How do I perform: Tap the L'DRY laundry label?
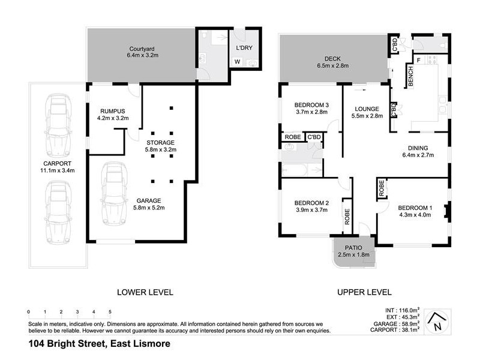point(244,48)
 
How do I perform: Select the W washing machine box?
point(238,61)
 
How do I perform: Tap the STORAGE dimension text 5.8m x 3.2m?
point(160,149)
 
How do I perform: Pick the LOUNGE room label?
point(366,108)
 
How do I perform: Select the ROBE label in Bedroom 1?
point(382,189)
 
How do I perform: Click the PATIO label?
point(353,247)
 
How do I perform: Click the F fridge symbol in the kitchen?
point(419,61)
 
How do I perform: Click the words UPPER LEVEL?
point(364,292)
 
